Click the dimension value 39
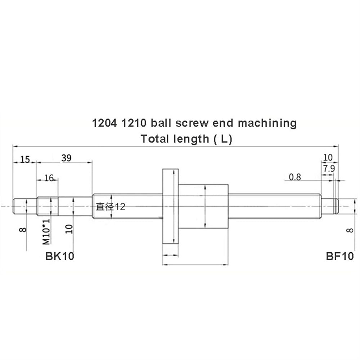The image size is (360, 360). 66,158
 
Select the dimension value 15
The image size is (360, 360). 25,159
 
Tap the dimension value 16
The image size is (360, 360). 49,178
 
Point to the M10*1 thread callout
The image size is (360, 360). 46,231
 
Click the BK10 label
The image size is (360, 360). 60,256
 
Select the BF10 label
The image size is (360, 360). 340,256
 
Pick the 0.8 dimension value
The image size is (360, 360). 295,177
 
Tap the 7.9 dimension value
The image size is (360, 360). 329,168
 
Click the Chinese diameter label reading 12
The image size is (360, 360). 111,207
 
